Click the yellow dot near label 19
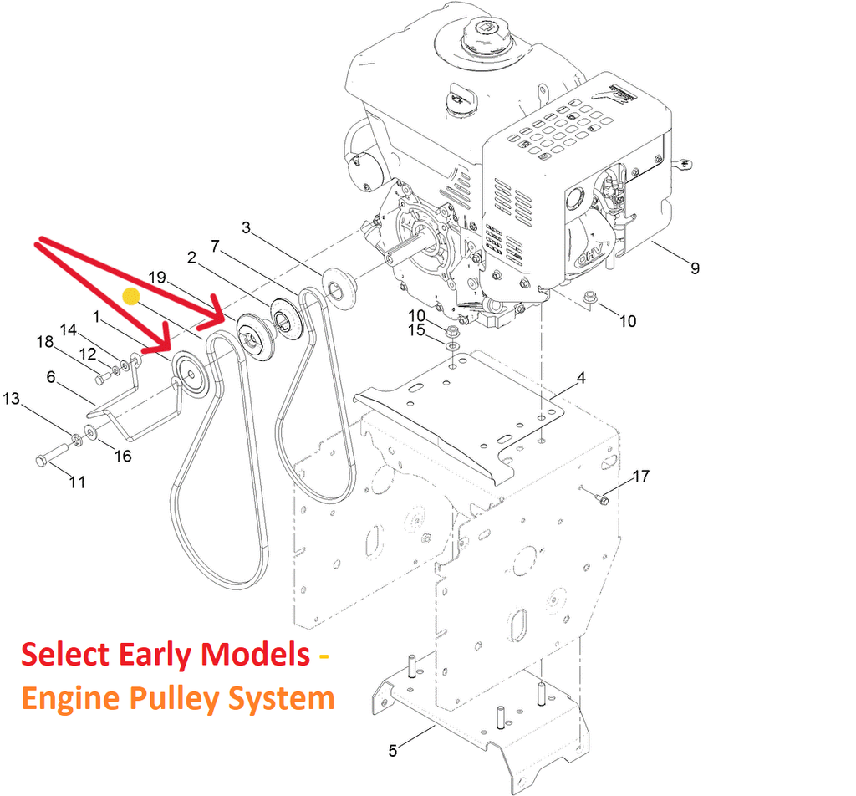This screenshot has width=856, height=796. (130, 295)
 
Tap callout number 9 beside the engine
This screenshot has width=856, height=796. (695, 268)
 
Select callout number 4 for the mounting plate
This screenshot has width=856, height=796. (581, 378)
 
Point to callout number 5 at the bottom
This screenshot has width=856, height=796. (393, 751)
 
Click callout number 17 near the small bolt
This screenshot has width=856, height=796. (640, 477)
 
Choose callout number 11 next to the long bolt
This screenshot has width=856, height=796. (77, 482)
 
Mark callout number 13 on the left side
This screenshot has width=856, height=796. (11, 399)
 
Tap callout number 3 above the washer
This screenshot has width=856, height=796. (246, 227)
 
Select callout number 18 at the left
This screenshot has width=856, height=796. (44, 340)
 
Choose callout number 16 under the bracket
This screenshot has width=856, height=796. (123, 456)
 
